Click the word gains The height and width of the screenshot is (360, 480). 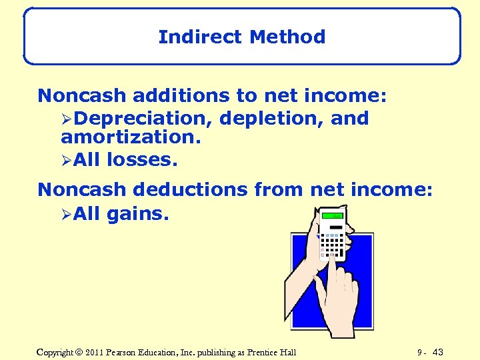point(138,214)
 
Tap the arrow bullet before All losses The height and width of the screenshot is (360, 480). point(66,160)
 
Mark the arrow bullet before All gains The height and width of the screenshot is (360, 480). point(66,215)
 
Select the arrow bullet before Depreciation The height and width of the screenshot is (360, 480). point(66,119)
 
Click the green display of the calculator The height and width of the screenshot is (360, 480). point(332,216)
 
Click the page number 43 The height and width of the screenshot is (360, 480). point(438,352)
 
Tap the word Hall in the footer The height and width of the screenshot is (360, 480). point(287,352)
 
